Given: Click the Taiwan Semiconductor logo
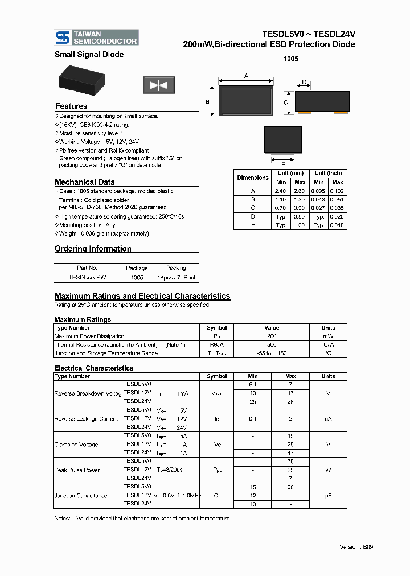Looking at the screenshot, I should click(x=96, y=38).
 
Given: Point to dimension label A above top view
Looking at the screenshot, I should click(x=247, y=76).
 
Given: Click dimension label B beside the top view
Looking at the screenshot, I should click(x=208, y=101).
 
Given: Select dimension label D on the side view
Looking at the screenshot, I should click(x=304, y=83).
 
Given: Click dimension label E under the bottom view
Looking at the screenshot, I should click(x=282, y=162).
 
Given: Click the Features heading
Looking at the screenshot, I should click(x=71, y=106).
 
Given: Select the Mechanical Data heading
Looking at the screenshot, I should click(x=84, y=182).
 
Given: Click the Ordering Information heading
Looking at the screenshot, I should click(x=93, y=249).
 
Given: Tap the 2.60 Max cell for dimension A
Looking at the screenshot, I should click(x=300, y=191).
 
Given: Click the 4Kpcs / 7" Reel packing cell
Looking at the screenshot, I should click(x=176, y=277).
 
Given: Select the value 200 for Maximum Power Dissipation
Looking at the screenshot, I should click(x=272, y=336).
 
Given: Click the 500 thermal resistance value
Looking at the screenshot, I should click(x=272, y=345).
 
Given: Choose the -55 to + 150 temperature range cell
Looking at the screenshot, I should click(x=272, y=353).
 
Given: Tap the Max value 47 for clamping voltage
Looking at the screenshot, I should click(x=290, y=452).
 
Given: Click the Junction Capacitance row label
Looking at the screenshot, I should click(x=80, y=496).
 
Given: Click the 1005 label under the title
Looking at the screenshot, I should click(x=290, y=59).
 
